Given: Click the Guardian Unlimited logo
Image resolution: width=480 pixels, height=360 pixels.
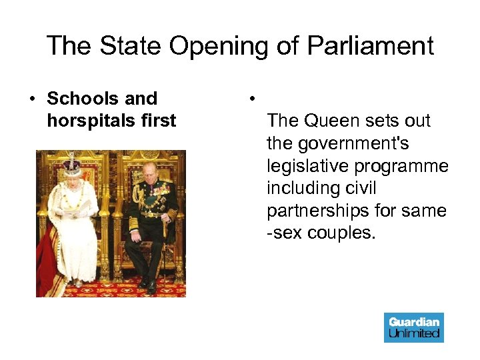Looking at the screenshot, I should click(413, 327).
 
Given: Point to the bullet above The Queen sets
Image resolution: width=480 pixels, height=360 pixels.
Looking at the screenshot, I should click(251, 99).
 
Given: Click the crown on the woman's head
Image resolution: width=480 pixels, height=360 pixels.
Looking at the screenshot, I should click(71, 165).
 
